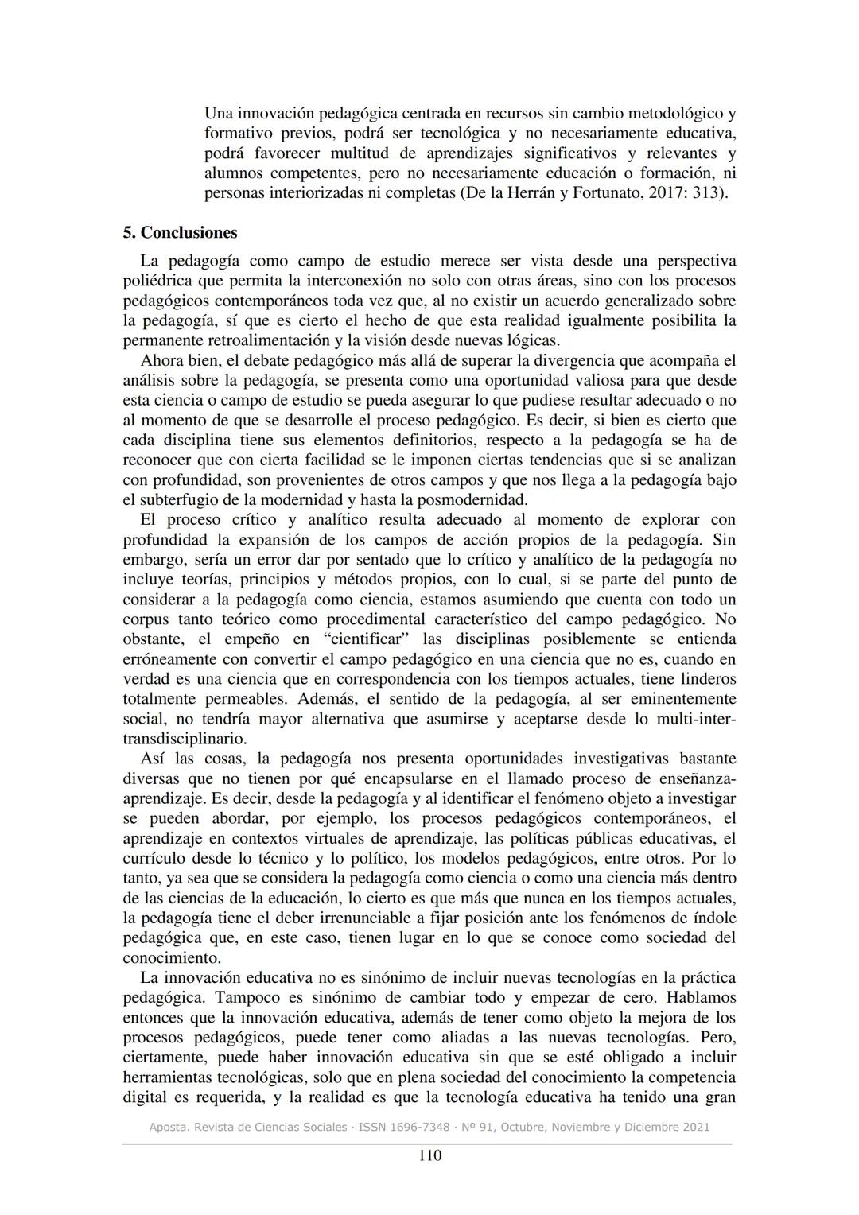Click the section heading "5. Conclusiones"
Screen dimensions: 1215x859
[x=180, y=233]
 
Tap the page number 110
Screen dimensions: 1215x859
[x=429, y=1155]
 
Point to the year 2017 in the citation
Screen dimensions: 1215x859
[x=657, y=193]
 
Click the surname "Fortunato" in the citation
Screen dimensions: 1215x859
[x=606, y=193]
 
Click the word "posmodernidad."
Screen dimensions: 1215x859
[x=477, y=500]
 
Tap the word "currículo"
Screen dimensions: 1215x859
[x=155, y=858]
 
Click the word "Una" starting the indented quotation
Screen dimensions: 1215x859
[x=217, y=114]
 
